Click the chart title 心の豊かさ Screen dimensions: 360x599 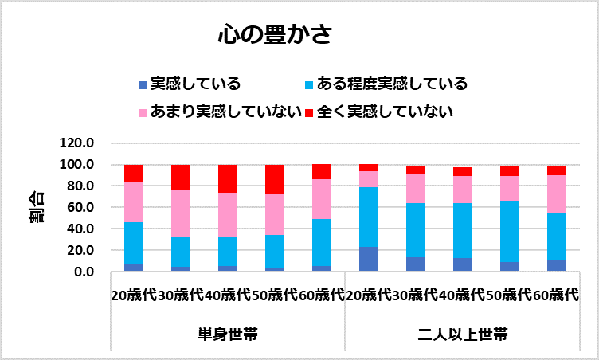pyautogui.click(x=275, y=36)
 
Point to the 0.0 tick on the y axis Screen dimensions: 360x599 pyautogui.click(x=83, y=272)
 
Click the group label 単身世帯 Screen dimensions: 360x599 pyautogui.click(x=228, y=333)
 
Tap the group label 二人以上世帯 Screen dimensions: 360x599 pyautogui.click(x=462, y=333)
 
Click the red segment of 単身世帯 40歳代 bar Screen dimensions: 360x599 pyautogui.click(x=228, y=178)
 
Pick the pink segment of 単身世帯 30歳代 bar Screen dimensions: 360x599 pyautogui.click(x=181, y=213)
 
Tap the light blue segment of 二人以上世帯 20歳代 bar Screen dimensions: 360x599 pyautogui.click(x=369, y=217)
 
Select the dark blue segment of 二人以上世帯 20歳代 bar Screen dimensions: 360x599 pyautogui.click(x=369, y=259)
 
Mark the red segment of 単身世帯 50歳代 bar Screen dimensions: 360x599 pyautogui.click(x=275, y=179)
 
